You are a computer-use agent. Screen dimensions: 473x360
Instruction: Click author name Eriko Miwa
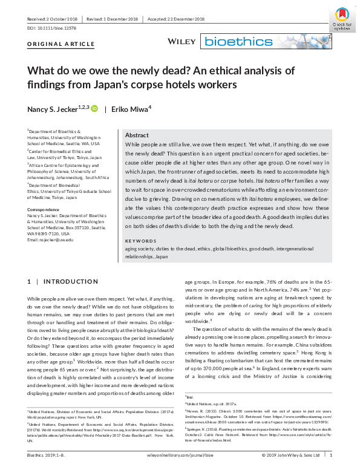coord(132,108)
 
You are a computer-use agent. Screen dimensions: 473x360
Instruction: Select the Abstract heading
coord(137,135)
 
